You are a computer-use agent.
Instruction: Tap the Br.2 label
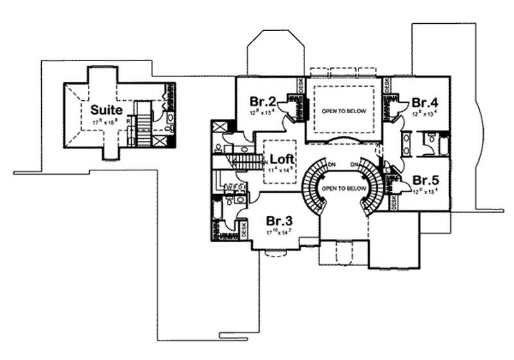(x=263, y=102)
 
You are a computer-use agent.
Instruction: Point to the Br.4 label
(x=425, y=102)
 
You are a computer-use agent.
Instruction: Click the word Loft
(x=282, y=159)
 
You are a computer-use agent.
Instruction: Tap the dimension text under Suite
(x=105, y=122)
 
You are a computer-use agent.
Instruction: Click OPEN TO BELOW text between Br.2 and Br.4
(x=344, y=111)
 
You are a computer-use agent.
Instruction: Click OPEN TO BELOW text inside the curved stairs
(x=343, y=188)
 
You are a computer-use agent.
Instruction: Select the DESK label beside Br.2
(x=300, y=85)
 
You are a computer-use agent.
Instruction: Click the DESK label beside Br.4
(x=387, y=85)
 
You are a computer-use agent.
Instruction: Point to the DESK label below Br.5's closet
(x=394, y=201)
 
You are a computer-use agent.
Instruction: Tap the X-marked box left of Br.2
(x=218, y=126)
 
